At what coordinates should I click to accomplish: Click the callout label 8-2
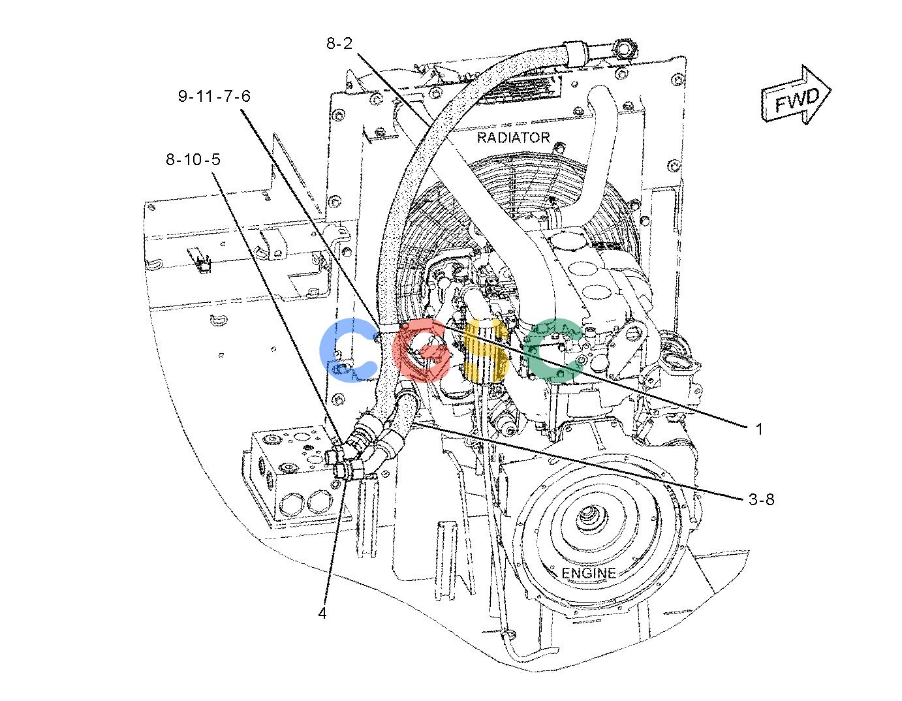click(339, 43)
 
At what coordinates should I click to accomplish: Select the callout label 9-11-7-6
click(214, 97)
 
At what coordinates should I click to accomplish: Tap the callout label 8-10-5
click(193, 159)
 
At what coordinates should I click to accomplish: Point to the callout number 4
click(322, 613)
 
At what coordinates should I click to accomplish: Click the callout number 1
click(759, 429)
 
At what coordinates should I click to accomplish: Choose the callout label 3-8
click(762, 499)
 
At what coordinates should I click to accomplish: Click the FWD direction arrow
click(796, 95)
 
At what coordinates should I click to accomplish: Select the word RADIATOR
click(513, 137)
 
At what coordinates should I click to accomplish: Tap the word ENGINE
click(589, 574)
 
